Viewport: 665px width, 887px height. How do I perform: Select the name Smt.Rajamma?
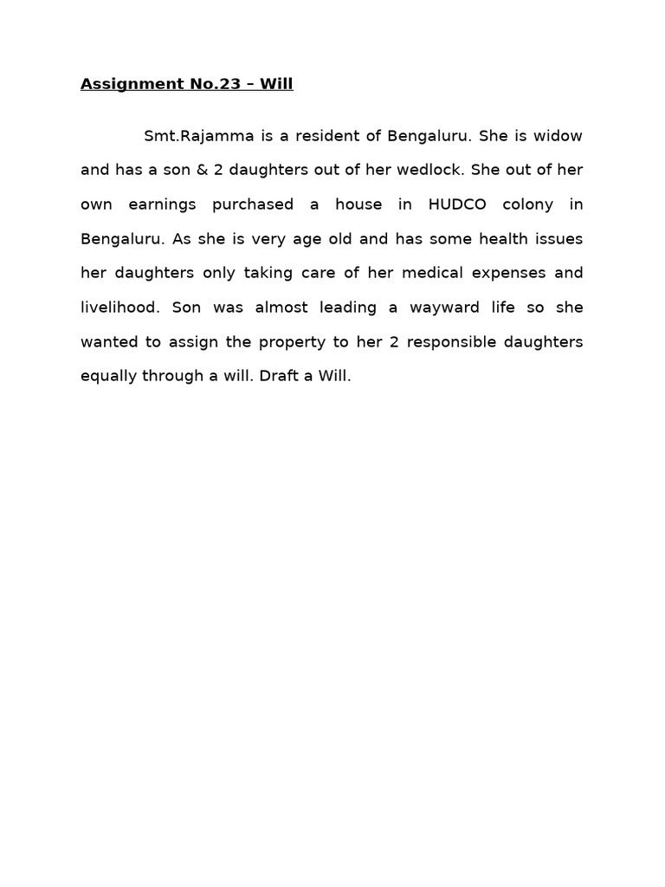click(193, 136)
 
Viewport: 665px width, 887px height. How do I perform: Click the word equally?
click(107, 376)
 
